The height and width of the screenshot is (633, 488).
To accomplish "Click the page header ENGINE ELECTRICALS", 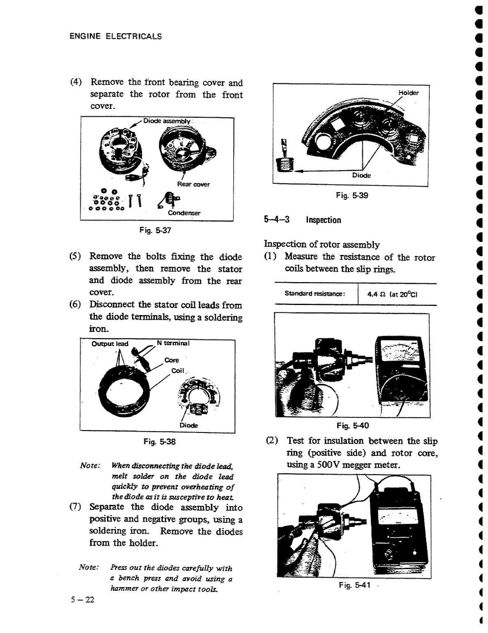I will (x=116, y=36).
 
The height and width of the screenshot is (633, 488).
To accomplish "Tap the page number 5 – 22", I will (x=82, y=599).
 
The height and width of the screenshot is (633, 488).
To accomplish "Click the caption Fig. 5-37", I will (x=155, y=230).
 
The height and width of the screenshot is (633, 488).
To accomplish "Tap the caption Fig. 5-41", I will (x=355, y=585).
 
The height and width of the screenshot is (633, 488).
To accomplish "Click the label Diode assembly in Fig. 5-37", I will (x=167, y=121).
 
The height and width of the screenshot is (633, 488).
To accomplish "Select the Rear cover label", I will (x=193, y=184).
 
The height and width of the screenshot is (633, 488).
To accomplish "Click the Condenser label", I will (x=184, y=213).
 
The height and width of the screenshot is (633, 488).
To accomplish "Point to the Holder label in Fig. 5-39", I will (x=408, y=93).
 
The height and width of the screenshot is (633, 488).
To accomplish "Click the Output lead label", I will (x=110, y=344).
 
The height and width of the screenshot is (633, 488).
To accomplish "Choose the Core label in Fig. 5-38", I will (x=171, y=360).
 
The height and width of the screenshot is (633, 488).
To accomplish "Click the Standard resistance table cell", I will (x=315, y=294).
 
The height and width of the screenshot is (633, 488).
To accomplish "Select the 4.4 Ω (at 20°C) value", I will (x=392, y=294).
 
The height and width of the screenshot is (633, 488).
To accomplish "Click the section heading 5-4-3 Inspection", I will (x=303, y=220).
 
